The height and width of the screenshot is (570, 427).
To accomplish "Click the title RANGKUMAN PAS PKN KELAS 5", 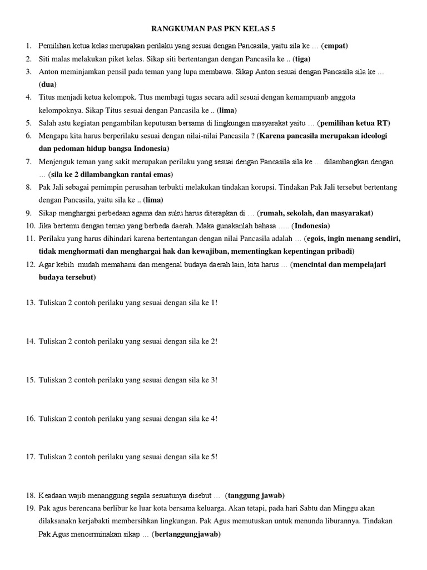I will (213, 28).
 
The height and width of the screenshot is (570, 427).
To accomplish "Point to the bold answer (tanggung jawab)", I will (256, 495).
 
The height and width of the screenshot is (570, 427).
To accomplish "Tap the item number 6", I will (28, 136).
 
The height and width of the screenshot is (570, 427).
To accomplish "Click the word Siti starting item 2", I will (46, 59).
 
